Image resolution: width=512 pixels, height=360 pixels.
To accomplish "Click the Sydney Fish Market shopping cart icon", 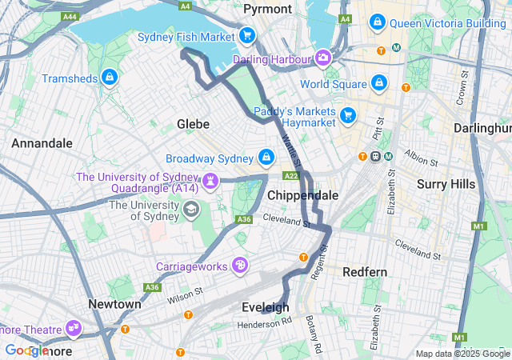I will (247, 36).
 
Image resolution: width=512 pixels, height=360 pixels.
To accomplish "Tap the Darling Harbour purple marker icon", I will (323, 58).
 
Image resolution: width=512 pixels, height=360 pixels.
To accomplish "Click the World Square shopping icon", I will (378, 83).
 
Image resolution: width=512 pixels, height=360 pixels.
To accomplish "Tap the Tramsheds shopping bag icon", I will (110, 78).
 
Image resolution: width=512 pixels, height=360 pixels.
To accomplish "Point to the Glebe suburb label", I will (193, 124).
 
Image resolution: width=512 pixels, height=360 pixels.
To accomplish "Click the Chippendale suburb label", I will (302, 195).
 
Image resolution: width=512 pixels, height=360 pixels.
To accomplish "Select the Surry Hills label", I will (446, 184).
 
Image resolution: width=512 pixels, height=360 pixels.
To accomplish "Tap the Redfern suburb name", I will (365, 272).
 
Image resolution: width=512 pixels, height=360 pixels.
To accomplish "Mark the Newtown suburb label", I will (114, 304).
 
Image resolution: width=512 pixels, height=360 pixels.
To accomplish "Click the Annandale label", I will (42, 143).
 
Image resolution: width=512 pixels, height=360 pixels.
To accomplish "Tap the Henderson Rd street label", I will (265, 322).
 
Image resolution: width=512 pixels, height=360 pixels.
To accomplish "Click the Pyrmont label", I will (267, 9).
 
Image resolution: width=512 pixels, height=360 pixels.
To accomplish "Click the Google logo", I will (27, 350).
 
